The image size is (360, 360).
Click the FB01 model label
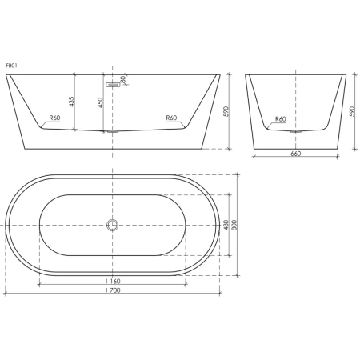tap(12, 66)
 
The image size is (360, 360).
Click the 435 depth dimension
tap(71, 102)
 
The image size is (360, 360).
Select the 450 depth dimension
tap(100, 102)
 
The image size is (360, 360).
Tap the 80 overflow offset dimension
tap(122, 79)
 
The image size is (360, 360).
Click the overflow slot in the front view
tap(113, 85)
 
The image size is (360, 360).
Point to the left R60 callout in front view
tap(54, 118)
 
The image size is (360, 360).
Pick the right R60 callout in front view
tap(171, 118)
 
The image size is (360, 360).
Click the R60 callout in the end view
tap(281, 119)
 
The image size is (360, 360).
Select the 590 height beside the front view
tap(226, 111)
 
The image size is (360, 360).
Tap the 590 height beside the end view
tap(352, 111)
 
